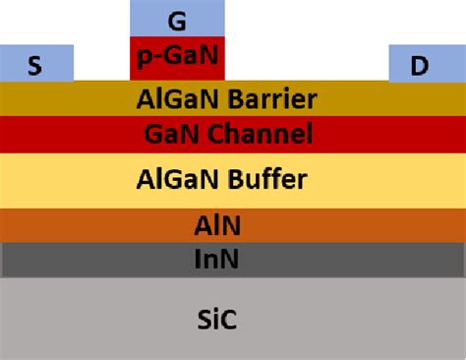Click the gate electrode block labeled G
click(178, 19)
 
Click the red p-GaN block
click(178, 58)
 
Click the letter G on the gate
click(177, 19)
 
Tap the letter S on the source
click(35, 66)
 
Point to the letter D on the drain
click(420, 66)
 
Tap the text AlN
click(217, 226)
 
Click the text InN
click(217, 260)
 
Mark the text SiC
click(217, 319)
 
